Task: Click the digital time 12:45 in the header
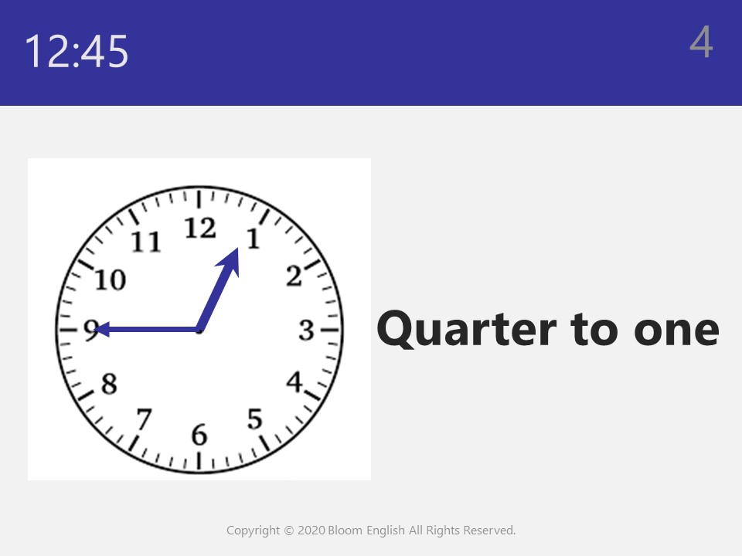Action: point(77,51)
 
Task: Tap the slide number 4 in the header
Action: point(701,42)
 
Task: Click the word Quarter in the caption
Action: point(467,329)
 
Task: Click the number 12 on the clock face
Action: point(200,229)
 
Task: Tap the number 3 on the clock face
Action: point(307,330)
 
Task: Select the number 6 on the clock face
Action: point(199,435)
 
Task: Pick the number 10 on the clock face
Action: point(111,280)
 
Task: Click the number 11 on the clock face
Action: point(146,241)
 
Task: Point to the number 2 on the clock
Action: point(294,276)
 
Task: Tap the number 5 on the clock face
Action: point(255,419)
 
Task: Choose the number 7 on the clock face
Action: point(144,419)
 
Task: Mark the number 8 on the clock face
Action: point(109,384)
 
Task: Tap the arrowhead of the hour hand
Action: point(230,262)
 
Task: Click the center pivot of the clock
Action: point(199,330)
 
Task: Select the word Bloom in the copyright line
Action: point(345,531)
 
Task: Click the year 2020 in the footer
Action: point(311,531)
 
